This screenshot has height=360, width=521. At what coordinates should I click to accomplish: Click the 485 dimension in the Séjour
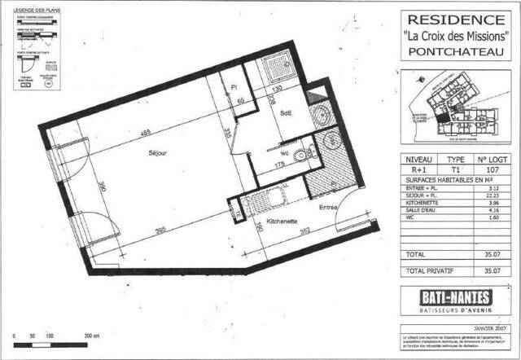tap(143, 132)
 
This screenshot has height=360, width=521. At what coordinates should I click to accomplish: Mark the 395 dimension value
tap(162, 230)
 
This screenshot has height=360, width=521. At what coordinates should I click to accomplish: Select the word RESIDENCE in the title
tap(454, 19)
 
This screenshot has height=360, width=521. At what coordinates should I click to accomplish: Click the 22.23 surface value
tap(490, 195)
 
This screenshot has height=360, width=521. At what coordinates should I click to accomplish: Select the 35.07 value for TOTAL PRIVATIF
tap(490, 272)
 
